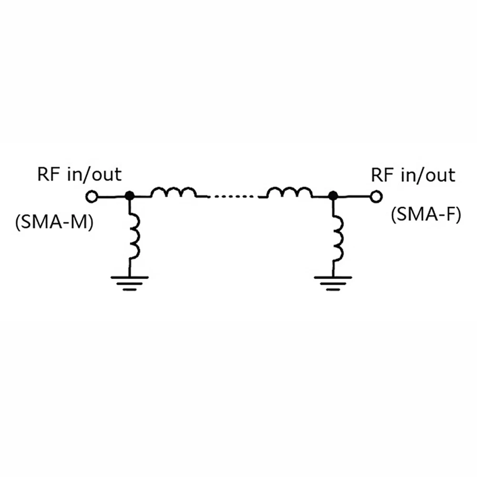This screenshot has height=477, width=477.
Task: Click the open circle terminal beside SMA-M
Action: tap(91, 196)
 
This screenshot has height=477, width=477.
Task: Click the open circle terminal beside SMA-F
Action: tap(376, 196)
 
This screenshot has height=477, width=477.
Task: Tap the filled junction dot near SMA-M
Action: tap(129, 196)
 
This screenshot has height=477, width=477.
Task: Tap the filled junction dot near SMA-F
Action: tap(333, 196)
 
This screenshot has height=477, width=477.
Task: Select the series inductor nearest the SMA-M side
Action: tap(174, 192)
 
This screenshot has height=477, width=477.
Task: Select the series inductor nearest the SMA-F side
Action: tap(289, 192)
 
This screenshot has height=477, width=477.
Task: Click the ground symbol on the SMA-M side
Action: tap(129, 282)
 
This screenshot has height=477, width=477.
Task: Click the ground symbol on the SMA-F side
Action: tap(333, 282)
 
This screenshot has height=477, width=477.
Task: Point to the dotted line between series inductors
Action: tap(232, 196)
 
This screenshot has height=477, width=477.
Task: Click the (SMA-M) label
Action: tap(54, 222)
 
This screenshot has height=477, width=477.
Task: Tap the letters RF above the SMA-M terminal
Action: tap(48, 174)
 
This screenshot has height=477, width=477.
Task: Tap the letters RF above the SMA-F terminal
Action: tap(381, 175)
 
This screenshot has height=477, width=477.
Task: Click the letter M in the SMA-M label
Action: tap(80, 222)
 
